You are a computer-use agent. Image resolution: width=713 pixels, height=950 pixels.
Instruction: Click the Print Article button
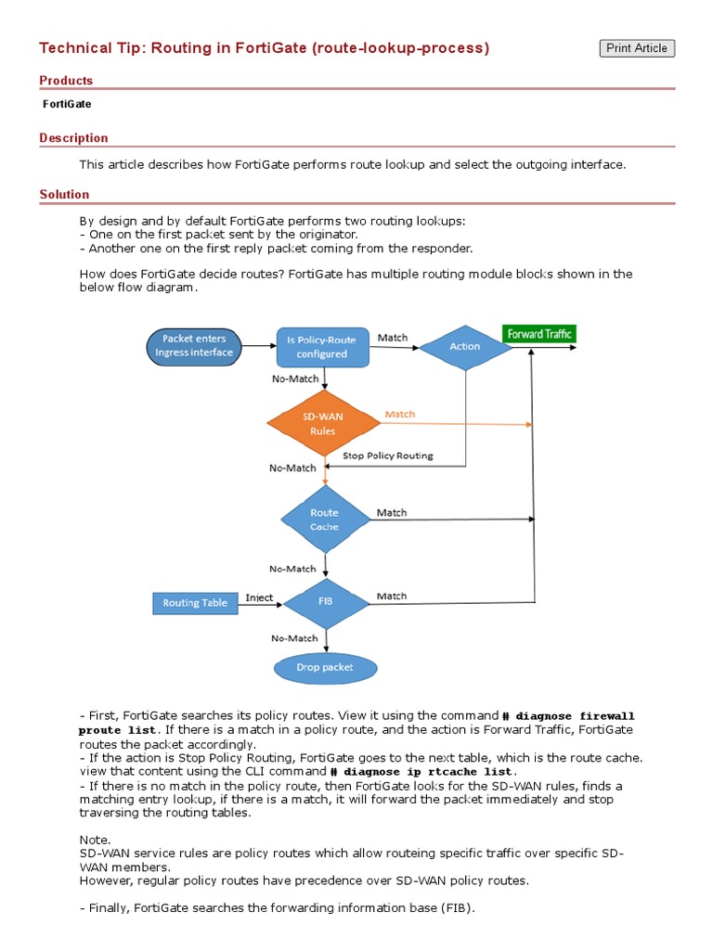click(637, 48)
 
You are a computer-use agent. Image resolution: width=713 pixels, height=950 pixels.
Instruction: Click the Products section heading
click(66, 81)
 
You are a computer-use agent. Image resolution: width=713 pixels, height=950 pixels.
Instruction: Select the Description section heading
click(73, 138)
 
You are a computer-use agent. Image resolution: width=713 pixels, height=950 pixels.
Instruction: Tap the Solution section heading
click(64, 195)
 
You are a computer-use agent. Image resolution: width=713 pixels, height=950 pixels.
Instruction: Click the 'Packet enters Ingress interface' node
click(194, 346)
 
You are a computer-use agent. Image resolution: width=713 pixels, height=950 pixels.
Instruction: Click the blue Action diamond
click(464, 346)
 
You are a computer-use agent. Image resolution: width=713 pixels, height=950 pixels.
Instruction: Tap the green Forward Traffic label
click(538, 333)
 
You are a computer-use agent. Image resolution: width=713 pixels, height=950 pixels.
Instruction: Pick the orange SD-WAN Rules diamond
click(323, 423)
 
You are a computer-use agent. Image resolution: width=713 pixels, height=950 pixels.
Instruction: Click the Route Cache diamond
click(324, 520)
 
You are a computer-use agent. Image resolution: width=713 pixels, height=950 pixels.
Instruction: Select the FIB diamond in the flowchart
click(325, 601)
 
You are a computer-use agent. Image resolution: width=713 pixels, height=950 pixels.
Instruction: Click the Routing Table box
click(195, 603)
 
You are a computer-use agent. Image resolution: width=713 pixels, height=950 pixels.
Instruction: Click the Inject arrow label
click(259, 597)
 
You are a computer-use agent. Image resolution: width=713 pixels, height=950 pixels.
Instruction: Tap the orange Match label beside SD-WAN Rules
click(400, 414)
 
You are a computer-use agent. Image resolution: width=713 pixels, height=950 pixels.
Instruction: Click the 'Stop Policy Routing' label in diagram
click(387, 456)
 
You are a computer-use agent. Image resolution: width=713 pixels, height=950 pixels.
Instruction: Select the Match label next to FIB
click(392, 596)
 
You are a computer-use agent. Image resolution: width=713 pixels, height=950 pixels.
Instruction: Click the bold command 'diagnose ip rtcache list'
click(422, 771)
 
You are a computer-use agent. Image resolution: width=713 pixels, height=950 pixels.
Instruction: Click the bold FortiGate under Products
click(67, 104)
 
